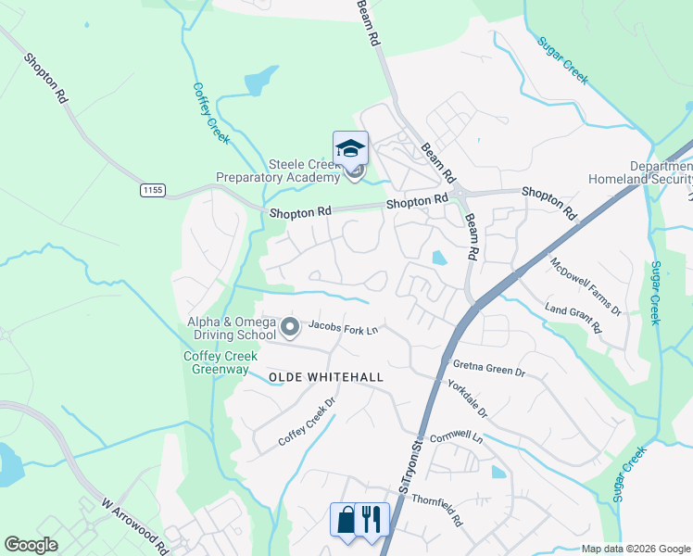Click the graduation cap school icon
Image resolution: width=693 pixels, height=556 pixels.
[x=350, y=148]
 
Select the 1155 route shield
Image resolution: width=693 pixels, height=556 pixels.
[x=153, y=190]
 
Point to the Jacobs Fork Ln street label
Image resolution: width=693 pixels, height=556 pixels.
[x=343, y=328]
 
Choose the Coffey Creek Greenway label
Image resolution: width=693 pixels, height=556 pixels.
[x=220, y=362]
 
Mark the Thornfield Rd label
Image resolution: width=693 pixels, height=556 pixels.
[x=437, y=509]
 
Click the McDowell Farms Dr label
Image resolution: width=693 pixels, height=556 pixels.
[x=586, y=284]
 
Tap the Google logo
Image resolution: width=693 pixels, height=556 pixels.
[x=31, y=545]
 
